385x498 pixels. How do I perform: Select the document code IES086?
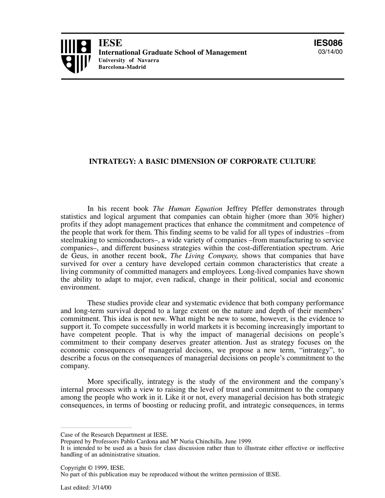(x=328, y=43)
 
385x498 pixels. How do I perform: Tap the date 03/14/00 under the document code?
(x=330, y=52)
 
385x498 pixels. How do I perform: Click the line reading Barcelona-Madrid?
(x=122, y=67)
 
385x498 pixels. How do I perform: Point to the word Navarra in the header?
(x=148, y=60)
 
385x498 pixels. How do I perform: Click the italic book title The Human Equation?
(x=188, y=209)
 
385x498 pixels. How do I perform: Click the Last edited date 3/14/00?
(x=101, y=488)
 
